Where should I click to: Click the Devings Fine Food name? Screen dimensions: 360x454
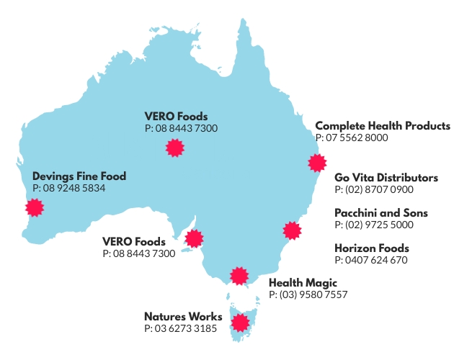click(79, 176)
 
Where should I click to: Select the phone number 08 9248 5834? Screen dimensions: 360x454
click(69, 188)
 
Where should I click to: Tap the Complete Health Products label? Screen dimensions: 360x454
click(383, 126)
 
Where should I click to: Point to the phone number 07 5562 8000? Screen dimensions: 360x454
click(352, 138)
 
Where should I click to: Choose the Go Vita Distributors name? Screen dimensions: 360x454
click(386, 178)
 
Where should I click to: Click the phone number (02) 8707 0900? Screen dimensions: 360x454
click(374, 190)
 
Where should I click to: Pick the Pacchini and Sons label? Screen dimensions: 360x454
click(381, 213)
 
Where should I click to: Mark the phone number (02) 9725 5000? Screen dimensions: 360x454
click(374, 225)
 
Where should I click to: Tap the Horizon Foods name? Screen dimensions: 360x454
click(372, 248)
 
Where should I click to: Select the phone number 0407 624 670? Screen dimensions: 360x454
click(371, 261)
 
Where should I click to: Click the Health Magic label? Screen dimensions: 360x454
click(303, 283)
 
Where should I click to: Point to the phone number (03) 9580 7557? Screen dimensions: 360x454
click(308, 295)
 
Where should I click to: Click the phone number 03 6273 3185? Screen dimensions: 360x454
click(180, 329)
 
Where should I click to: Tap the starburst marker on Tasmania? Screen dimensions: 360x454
click(240, 320)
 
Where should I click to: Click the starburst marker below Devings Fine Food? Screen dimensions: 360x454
click(34, 207)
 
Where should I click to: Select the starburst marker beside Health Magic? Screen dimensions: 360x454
click(239, 276)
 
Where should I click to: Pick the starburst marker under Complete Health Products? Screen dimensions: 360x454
click(316, 162)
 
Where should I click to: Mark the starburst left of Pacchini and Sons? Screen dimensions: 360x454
click(291, 230)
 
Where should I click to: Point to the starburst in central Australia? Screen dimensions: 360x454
click(173, 148)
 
